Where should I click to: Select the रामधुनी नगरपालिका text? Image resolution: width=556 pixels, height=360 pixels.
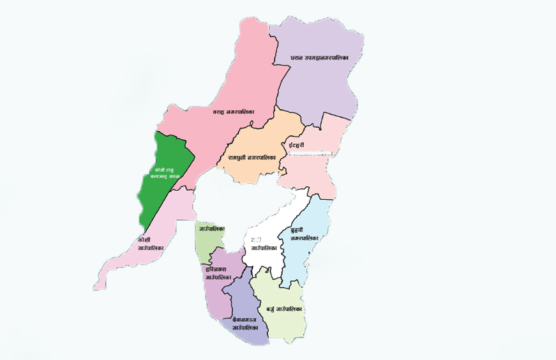tap(252, 156)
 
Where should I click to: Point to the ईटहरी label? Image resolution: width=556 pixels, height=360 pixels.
tap(296, 146)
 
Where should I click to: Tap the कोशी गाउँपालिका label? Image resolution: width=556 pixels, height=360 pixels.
tap(150, 243)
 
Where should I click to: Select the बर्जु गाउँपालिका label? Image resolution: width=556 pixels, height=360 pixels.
tap(278, 309)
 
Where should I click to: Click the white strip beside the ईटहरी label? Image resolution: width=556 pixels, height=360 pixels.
tap(326, 153)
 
